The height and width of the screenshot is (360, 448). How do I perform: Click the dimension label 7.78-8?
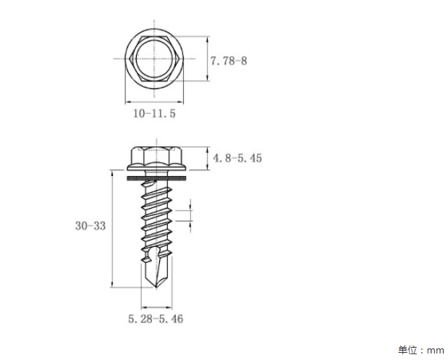[229, 61]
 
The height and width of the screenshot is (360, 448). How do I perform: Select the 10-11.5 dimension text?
[154, 114]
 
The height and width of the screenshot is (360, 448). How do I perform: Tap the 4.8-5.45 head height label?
[237, 158]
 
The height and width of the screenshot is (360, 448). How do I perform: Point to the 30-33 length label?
[90, 225]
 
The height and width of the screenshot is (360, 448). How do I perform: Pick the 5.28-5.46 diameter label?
[156, 319]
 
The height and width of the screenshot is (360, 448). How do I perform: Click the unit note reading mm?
[435, 351]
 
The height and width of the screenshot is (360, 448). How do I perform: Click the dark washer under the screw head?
[156, 178]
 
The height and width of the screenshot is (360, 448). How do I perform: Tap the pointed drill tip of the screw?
[156, 288]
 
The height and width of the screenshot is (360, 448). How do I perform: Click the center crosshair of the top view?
[154, 59]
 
